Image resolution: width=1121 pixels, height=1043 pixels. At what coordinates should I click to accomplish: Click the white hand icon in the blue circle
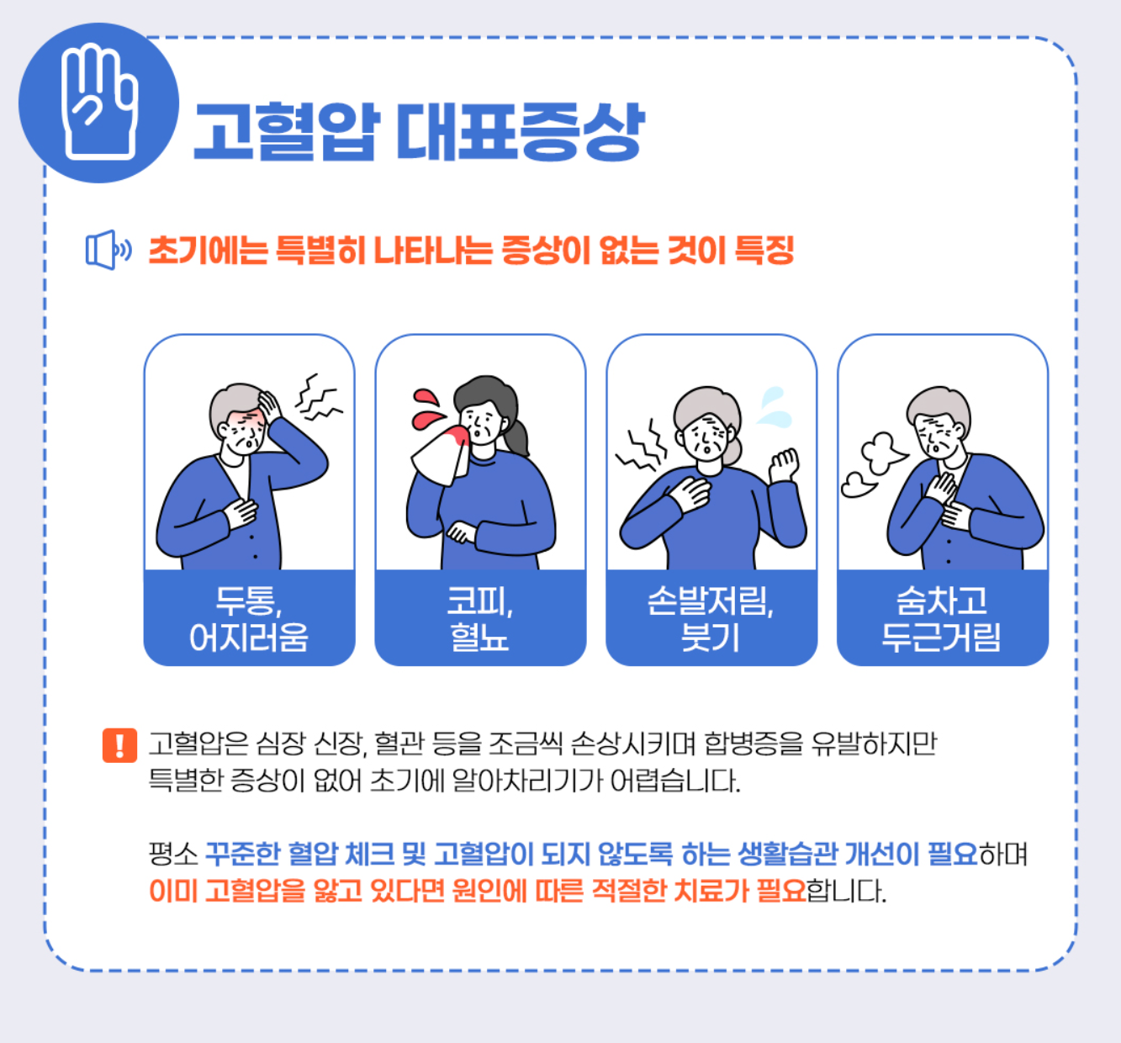pyautogui.click(x=99, y=103)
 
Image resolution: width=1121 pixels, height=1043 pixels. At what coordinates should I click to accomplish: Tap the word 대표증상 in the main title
pyautogui.click(x=519, y=132)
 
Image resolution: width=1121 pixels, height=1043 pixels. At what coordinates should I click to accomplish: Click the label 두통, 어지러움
pyautogui.click(x=249, y=618)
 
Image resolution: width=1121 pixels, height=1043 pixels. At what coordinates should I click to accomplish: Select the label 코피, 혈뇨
pyautogui.click(x=480, y=618)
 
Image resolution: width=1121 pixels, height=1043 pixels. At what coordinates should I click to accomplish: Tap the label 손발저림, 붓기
pyautogui.click(x=711, y=618)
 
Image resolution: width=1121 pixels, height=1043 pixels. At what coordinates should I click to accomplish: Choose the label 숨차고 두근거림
pyautogui.click(x=942, y=618)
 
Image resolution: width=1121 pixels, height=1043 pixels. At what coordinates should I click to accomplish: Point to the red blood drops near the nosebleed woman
pyautogui.click(x=427, y=405)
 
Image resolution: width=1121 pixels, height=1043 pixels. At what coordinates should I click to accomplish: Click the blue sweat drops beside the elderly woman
pyautogui.click(x=774, y=407)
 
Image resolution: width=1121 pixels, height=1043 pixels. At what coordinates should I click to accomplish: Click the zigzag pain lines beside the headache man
pyautogui.click(x=318, y=398)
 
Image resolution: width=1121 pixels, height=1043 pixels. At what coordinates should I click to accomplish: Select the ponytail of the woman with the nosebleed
pyautogui.click(x=516, y=437)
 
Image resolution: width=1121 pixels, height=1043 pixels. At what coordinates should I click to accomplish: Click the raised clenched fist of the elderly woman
pyautogui.click(x=783, y=465)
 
